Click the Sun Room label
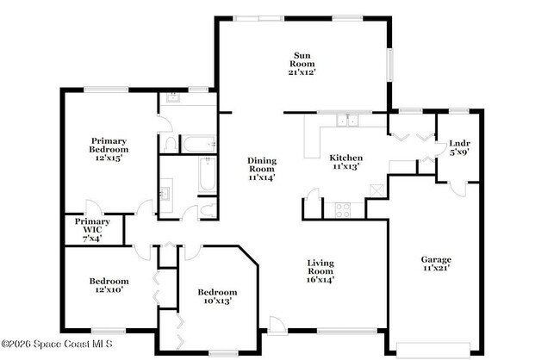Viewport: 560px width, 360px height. click(302, 64)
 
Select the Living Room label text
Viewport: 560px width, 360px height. click(320, 270)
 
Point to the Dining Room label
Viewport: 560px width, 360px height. click(261, 168)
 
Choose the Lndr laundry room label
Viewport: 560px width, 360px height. click(459, 147)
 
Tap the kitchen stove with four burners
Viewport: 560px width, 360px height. click(341, 207)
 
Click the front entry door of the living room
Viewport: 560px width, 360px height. click(276, 325)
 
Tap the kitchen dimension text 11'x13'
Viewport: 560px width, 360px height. click(345, 167)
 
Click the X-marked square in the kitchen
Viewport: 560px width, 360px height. click(376, 207)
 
